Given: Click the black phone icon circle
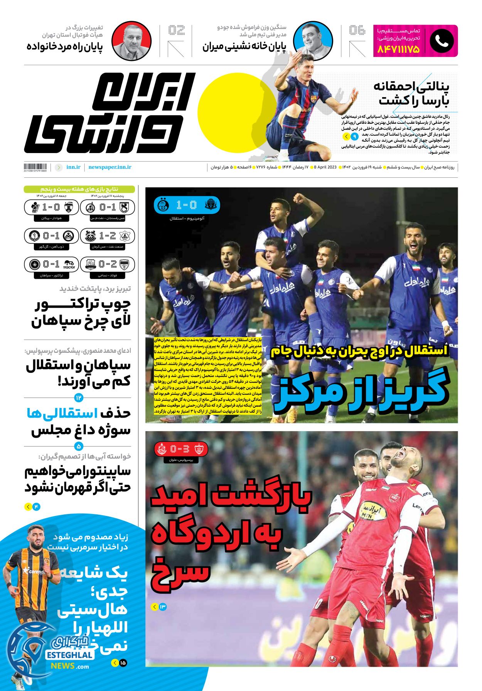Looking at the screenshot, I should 442,41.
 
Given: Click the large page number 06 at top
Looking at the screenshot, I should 357,30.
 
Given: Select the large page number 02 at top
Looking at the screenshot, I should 177,30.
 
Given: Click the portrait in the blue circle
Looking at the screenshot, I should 313,41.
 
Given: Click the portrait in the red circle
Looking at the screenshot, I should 131,41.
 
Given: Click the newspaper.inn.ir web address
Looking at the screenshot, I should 110,167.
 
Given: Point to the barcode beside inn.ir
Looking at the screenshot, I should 35,167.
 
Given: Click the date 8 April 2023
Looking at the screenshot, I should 326,167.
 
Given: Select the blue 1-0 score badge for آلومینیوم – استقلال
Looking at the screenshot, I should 187,205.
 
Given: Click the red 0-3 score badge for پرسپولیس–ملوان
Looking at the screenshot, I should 181,449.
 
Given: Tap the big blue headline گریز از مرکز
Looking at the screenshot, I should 361,390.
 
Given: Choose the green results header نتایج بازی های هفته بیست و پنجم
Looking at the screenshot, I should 79,189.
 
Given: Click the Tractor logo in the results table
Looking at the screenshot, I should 69,265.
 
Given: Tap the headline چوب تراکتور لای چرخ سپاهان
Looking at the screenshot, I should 81,312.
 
